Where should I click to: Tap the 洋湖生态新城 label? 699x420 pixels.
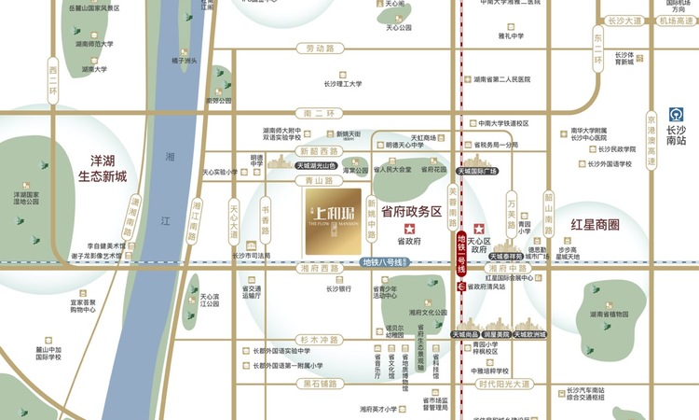tap(102, 168)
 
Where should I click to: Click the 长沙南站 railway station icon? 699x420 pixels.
tap(677, 115)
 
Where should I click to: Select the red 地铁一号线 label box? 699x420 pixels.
tap(459, 254)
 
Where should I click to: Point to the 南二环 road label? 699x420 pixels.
tap(319, 112)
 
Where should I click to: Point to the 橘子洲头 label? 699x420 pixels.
tap(185, 61)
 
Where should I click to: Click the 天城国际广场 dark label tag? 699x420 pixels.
tap(478, 173)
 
